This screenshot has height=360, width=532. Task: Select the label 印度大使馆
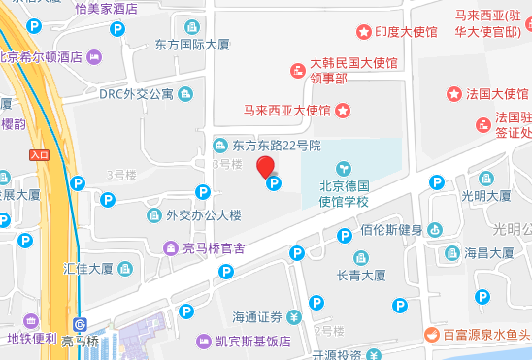[406, 33]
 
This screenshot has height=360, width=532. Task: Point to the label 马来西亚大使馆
[287, 110]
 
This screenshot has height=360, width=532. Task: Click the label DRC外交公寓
[137, 94]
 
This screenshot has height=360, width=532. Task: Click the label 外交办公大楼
[203, 214]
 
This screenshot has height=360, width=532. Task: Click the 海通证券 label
[257, 317]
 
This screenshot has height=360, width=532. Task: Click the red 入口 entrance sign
[39, 154]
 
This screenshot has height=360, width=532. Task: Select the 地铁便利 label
[33, 338]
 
